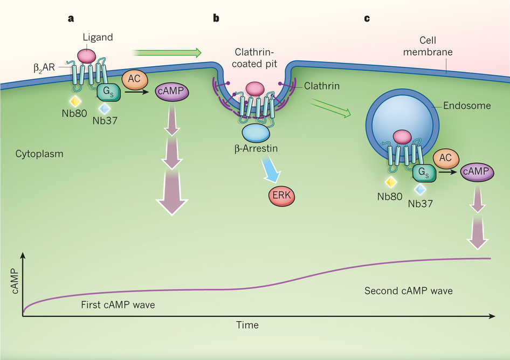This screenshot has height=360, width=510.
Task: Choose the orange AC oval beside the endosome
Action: pyautogui.click(x=445, y=157)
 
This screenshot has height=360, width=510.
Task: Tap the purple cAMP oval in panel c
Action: pyautogui.click(x=475, y=172)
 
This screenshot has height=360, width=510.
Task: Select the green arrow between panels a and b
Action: pyautogui.click(x=167, y=52)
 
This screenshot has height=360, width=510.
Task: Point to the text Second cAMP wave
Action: pyautogui.click(x=408, y=291)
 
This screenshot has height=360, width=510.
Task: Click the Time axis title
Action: pyautogui.click(x=247, y=325)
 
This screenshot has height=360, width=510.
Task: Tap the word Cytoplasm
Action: pyautogui.click(x=39, y=154)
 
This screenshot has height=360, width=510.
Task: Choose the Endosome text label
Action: pyautogui.click(x=467, y=106)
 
